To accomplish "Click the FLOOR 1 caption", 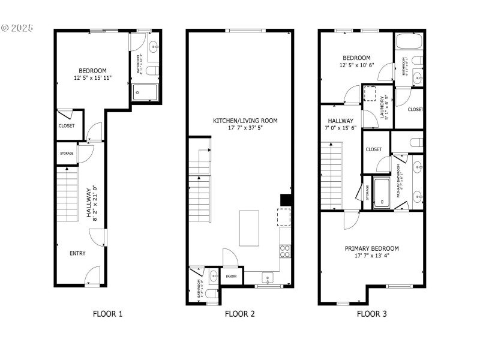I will (108, 313).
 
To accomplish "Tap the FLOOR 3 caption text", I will (371, 313).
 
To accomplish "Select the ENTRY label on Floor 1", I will (77, 253).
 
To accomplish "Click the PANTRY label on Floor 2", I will (230, 277).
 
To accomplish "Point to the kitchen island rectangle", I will (251, 227).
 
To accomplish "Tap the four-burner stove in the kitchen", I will (286, 250).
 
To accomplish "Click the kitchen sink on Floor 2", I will (268, 277).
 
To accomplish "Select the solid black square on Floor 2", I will (286, 200).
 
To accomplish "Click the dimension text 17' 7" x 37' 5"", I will (245, 128).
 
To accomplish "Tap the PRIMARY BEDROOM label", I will (371, 248).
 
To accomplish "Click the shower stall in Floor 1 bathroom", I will (145, 92).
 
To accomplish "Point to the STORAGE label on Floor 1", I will (67, 154).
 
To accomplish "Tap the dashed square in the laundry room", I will (370, 92).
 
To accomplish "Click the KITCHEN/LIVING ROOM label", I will (245, 121).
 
